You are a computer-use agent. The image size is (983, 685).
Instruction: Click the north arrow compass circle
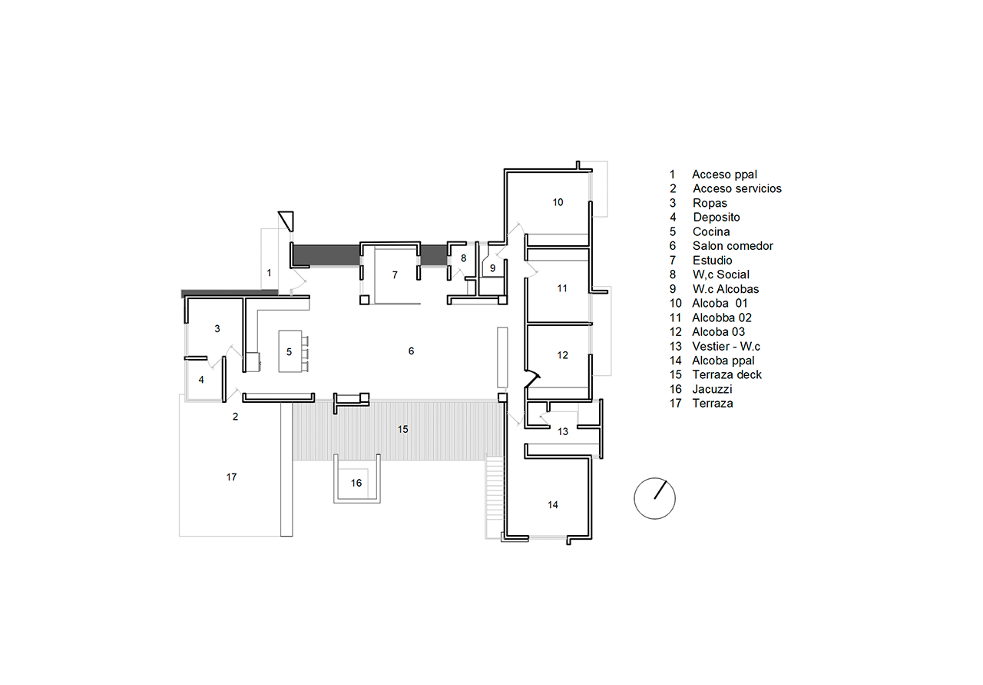tap(634, 499)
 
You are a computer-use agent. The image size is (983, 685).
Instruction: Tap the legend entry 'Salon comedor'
tap(733, 245)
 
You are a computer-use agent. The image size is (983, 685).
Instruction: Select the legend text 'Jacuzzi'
tap(712, 389)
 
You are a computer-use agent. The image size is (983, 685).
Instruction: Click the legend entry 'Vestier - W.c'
tap(726, 346)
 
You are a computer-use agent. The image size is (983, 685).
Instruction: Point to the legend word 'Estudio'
tap(712, 260)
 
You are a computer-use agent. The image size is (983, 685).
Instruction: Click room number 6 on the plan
tap(411, 351)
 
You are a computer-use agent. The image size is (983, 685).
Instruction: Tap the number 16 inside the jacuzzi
tap(356, 484)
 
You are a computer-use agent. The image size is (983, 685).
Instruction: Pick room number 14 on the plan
tap(553, 505)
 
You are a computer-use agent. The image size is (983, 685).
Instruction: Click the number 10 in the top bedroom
tap(558, 202)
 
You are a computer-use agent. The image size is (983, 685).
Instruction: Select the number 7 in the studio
tap(395, 275)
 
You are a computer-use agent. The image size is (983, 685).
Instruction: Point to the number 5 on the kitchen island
tap(290, 352)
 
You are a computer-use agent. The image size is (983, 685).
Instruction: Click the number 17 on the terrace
tap(232, 477)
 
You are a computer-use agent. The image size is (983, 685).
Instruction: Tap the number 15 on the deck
tap(403, 429)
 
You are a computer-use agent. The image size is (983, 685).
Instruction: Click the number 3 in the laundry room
tap(217, 328)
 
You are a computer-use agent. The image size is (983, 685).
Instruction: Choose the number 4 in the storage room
tap(201, 380)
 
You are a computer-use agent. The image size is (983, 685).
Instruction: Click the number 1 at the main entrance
tap(269, 273)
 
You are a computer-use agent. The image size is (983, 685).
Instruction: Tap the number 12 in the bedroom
tap(563, 355)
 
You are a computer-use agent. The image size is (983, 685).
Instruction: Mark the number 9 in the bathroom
tap(493, 268)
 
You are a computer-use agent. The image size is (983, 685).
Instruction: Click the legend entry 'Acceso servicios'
tap(737, 188)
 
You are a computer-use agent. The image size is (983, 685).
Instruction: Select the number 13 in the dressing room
tap(563, 432)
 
